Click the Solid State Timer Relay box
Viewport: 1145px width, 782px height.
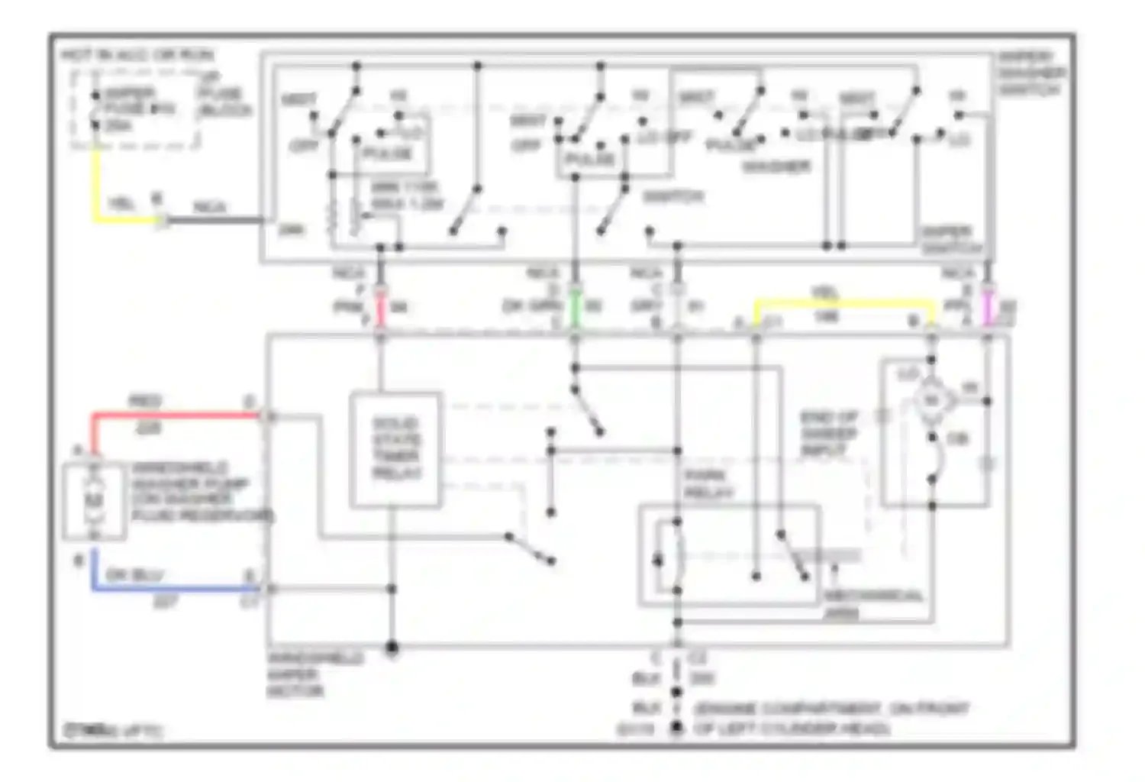coord(395,449)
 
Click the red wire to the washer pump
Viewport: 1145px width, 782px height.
coord(176,416)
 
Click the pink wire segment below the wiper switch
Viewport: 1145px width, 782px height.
coord(380,308)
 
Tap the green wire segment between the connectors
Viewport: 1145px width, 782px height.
coord(576,308)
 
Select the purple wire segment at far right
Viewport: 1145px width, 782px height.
coord(988,308)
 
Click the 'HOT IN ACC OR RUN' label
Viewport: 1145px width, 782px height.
coord(137,55)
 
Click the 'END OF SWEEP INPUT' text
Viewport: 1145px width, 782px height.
coord(829,434)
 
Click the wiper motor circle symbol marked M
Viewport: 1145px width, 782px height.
coord(931,399)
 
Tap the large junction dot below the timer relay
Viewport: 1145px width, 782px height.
coord(392,648)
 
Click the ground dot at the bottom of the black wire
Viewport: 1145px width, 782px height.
coord(676,729)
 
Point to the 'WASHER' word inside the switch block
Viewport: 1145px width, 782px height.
coord(776,166)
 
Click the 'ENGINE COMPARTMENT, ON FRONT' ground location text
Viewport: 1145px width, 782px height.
coord(831,709)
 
